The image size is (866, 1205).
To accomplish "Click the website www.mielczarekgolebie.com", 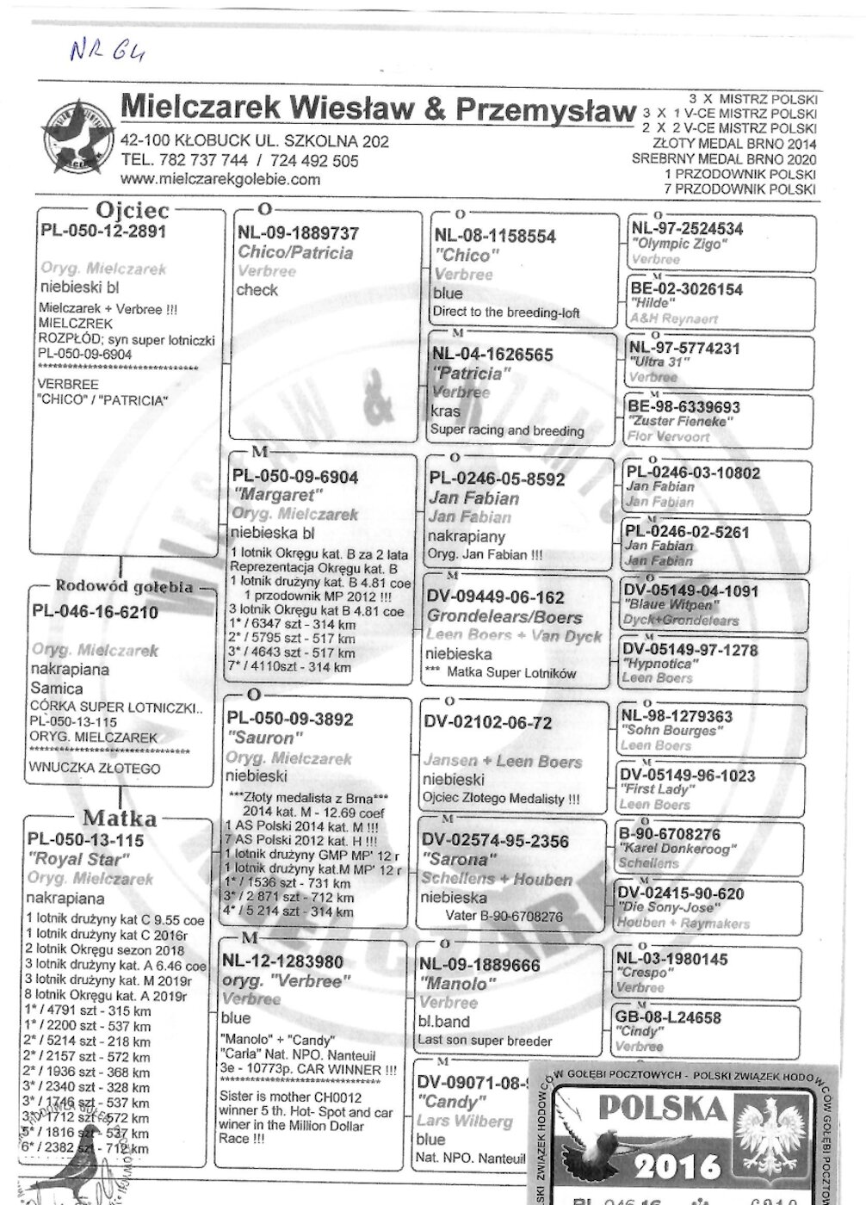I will click(x=220, y=179).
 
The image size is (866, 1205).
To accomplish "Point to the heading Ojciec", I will click(x=133, y=210).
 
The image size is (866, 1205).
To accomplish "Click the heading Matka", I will click(x=120, y=818).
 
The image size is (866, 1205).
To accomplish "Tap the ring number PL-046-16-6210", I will click(x=95, y=612).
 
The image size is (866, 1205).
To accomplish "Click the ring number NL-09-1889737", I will click(x=298, y=233).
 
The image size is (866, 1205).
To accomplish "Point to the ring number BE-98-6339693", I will click(x=684, y=406).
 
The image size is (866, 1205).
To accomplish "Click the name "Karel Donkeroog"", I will click(x=677, y=849).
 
